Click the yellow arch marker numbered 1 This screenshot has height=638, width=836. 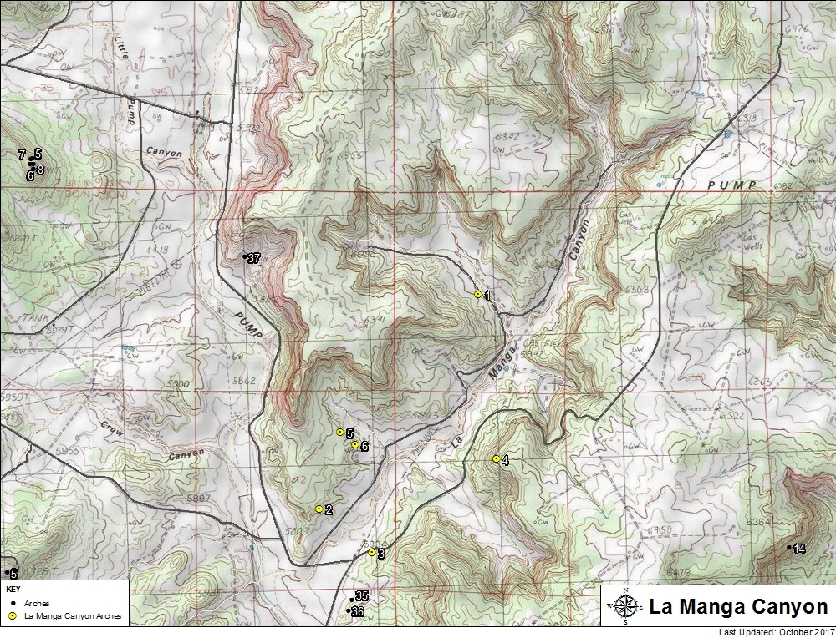477,295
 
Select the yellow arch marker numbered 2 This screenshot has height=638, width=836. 319,509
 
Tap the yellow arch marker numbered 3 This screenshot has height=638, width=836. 371,552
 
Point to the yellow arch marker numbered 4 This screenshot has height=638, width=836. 496,458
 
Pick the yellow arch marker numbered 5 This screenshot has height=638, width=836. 339,432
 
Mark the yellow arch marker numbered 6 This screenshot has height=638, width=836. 354,444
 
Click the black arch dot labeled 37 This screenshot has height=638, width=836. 244,256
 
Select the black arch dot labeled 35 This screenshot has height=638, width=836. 352,599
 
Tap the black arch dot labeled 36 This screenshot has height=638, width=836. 349,611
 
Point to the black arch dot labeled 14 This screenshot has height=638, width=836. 789,547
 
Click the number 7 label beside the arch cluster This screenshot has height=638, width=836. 21,155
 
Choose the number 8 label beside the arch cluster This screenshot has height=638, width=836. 40,170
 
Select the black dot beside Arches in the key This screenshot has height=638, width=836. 11,602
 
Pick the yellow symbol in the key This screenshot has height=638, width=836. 11,616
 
